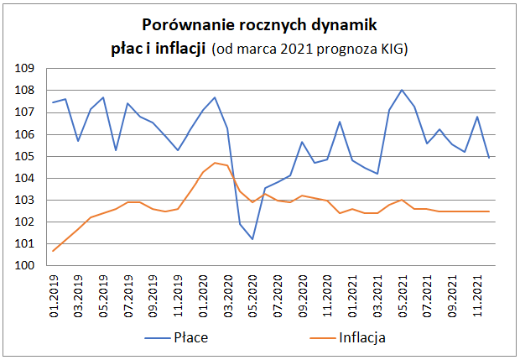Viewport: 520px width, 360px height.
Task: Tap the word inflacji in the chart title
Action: pos(182,50)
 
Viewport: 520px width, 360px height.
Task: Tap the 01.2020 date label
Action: pos(203,294)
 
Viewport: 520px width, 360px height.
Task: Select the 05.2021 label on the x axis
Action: pos(403,294)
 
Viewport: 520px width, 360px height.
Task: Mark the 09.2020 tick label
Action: pos(302,294)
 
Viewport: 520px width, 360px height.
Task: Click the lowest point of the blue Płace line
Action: pos(252,239)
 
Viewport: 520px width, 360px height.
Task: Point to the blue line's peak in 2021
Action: pos(403,90)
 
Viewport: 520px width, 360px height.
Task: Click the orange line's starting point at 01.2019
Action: pos(54,251)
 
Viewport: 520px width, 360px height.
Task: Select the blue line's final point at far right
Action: pos(489,158)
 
